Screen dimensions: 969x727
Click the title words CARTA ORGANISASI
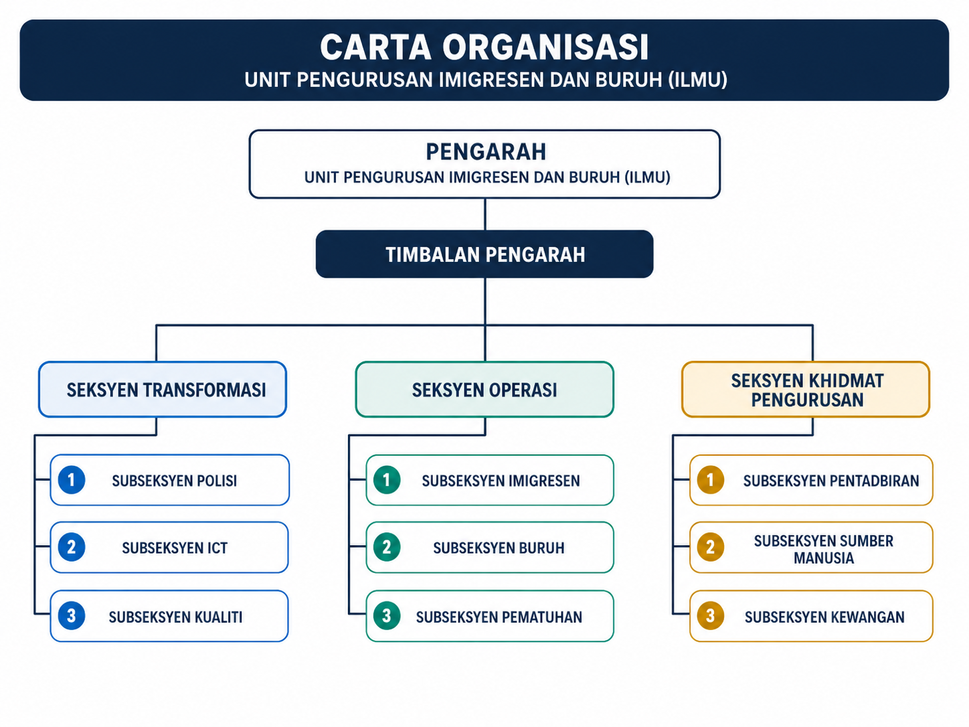click(484, 48)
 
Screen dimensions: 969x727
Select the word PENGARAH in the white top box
click(486, 152)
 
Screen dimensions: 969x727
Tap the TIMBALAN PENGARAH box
click(484, 254)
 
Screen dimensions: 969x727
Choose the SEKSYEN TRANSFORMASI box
click(163, 390)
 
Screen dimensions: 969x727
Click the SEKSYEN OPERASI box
click(484, 390)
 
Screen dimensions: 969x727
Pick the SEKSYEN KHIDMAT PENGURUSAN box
click(806, 390)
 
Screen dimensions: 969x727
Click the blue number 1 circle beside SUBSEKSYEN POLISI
click(72, 480)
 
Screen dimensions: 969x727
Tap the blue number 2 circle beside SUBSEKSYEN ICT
click(72, 548)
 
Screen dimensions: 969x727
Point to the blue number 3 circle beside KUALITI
click(72, 616)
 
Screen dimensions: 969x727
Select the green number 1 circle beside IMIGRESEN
click(387, 480)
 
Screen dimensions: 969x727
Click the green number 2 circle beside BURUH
click(387, 548)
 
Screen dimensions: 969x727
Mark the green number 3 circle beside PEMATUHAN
click(387, 616)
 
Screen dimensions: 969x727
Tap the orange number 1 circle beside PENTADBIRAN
click(710, 480)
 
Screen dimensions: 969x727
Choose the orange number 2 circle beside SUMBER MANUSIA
click(710, 548)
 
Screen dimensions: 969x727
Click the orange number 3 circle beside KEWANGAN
click(710, 616)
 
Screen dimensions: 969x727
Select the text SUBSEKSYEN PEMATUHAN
click(499, 617)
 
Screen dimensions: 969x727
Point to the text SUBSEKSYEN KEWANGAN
click(824, 617)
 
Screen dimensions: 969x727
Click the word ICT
click(217, 548)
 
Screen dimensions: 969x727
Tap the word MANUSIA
click(824, 558)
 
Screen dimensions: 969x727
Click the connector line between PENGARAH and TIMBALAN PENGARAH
click(485, 214)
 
